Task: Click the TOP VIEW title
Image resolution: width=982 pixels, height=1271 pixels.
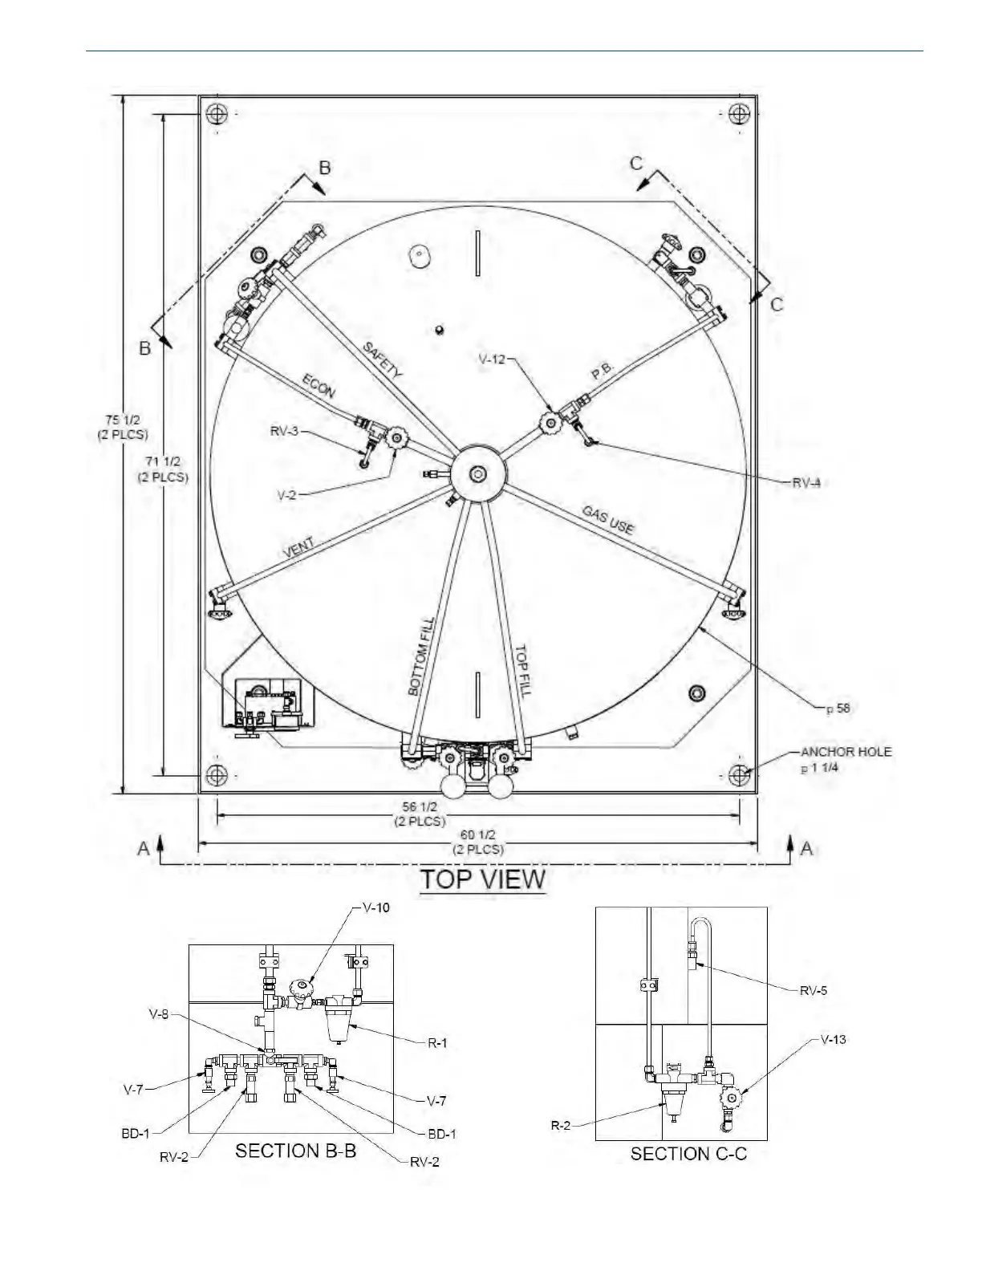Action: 483,879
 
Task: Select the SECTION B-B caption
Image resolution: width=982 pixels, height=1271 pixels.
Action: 295,1151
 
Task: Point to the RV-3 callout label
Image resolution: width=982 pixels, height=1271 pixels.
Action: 284,432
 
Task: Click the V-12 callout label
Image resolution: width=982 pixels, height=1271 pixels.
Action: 492,359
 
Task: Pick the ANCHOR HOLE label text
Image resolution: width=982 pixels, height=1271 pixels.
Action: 846,752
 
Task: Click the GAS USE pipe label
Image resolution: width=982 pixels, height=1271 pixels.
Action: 608,519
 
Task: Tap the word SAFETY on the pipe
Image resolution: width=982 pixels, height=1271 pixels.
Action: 383,359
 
